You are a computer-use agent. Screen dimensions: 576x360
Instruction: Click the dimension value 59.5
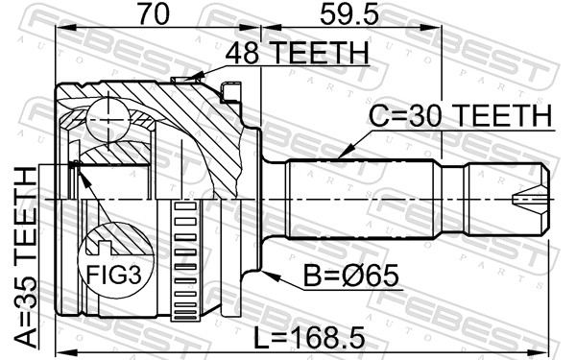click(348, 14)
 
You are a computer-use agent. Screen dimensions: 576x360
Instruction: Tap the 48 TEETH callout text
click(297, 53)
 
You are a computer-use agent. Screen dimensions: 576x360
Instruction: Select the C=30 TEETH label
click(460, 115)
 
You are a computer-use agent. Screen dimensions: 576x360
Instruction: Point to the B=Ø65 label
click(350, 276)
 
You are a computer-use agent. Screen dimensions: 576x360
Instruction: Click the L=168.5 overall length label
click(309, 338)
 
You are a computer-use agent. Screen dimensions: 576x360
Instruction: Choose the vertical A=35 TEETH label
click(26, 256)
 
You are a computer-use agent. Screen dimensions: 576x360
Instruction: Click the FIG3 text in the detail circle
click(113, 276)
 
